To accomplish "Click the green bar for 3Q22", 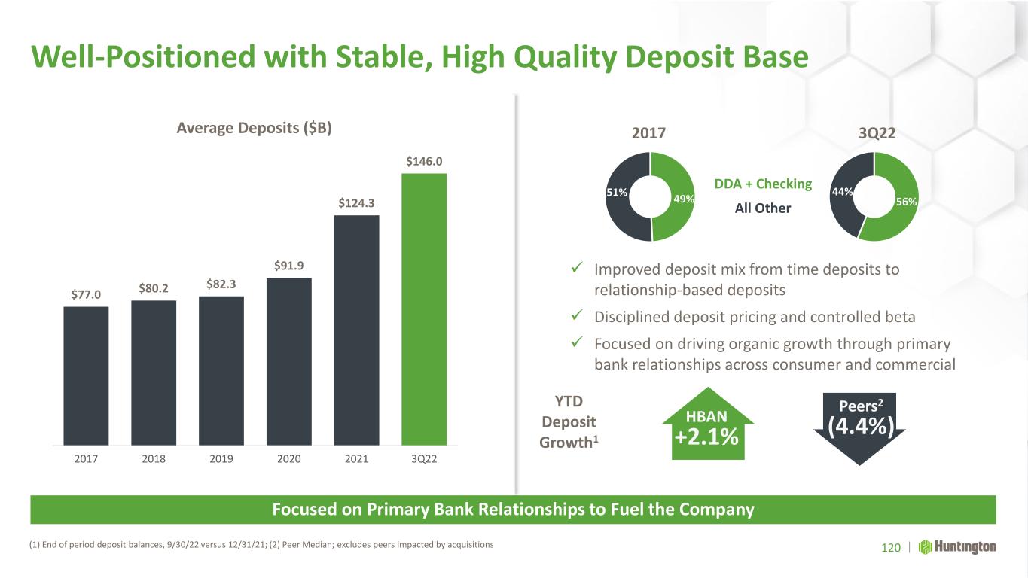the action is pyautogui.click(x=424, y=309).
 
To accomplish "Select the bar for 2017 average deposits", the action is pyautogui.click(x=86, y=376).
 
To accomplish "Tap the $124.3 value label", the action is pyautogui.click(x=356, y=202).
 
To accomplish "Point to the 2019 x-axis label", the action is pyautogui.click(x=221, y=459).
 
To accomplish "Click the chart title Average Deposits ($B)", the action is pyautogui.click(x=254, y=127).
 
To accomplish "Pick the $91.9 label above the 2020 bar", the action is pyautogui.click(x=288, y=265).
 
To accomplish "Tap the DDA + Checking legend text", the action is pyautogui.click(x=763, y=184).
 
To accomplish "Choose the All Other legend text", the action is pyautogui.click(x=763, y=208).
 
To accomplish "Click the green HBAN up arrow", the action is pyautogui.click(x=708, y=424).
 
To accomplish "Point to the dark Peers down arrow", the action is pyautogui.click(x=859, y=428).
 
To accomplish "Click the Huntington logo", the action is pyautogui.click(x=957, y=547).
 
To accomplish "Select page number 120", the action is pyautogui.click(x=891, y=547).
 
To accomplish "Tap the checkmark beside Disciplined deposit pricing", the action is pyautogui.click(x=577, y=315).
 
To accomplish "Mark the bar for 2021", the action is pyautogui.click(x=356, y=330).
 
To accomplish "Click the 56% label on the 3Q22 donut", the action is pyautogui.click(x=906, y=202).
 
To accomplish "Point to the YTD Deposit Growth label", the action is pyautogui.click(x=569, y=421).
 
